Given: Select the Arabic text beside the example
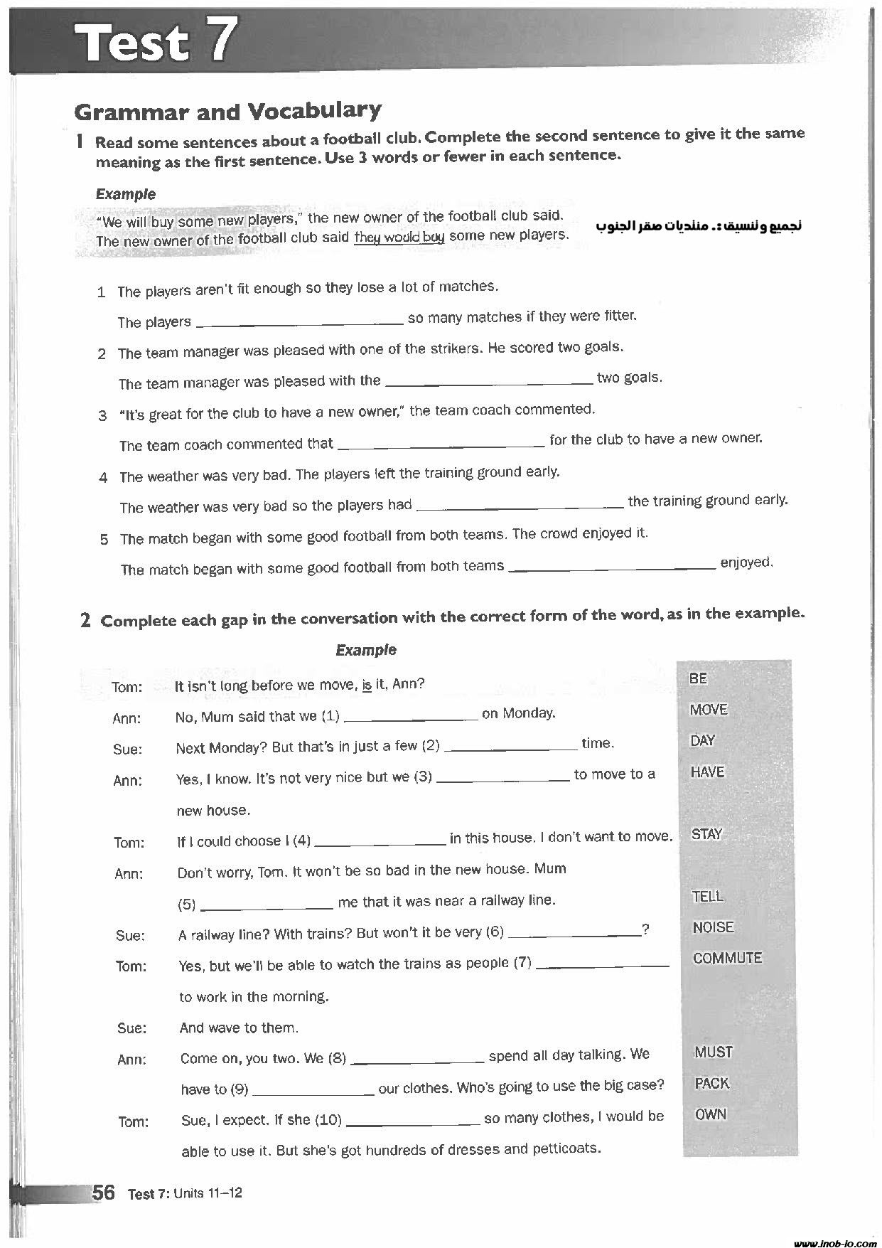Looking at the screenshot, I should click(699, 226).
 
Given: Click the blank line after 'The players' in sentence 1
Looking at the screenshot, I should click(299, 323).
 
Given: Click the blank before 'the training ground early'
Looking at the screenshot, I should click(520, 506).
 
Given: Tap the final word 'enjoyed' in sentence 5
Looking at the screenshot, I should click(746, 563).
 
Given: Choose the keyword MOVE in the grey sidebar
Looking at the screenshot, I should click(708, 710).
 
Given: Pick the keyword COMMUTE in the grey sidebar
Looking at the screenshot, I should click(726, 959).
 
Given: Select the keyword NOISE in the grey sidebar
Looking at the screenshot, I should click(713, 927).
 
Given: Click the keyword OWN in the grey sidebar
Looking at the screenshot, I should click(710, 1114).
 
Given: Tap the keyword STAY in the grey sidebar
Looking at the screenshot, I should click(706, 834).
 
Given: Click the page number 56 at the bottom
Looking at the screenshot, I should click(103, 1193).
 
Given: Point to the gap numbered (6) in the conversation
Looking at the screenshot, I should click(574, 934).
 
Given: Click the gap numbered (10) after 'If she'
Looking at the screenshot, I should click(413, 1121).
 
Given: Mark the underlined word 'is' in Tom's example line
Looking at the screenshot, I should click(367, 685).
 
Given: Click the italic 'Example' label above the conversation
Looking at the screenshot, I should click(365, 650).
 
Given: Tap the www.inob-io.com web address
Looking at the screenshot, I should click(834, 1242).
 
